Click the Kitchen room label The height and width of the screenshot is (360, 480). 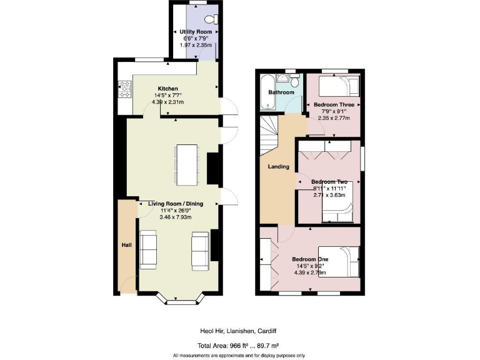167,88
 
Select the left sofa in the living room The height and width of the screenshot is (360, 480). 148,248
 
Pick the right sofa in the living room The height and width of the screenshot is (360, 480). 201,248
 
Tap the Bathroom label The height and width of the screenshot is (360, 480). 281,92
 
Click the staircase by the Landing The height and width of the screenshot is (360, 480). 269,132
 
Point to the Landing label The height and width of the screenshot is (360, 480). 278,167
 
